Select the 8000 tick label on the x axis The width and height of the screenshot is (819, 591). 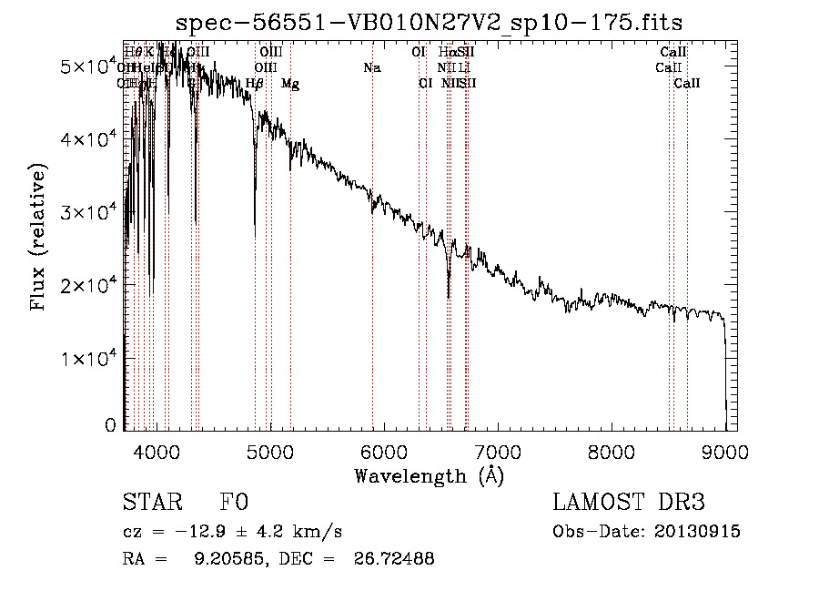(x=612, y=453)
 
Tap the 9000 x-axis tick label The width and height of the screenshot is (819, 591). (x=725, y=453)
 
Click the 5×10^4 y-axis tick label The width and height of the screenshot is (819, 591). (x=87, y=66)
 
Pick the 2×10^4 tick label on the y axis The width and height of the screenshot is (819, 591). (x=87, y=285)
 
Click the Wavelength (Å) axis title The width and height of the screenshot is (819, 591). (x=429, y=475)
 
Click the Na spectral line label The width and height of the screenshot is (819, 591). (x=371, y=68)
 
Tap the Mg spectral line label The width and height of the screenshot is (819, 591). (x=289, y=84)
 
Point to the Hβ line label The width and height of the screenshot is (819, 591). (x=255, y=84)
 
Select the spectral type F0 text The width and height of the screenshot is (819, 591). (x=234, y=504)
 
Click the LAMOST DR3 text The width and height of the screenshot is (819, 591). (x=629, y=504)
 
